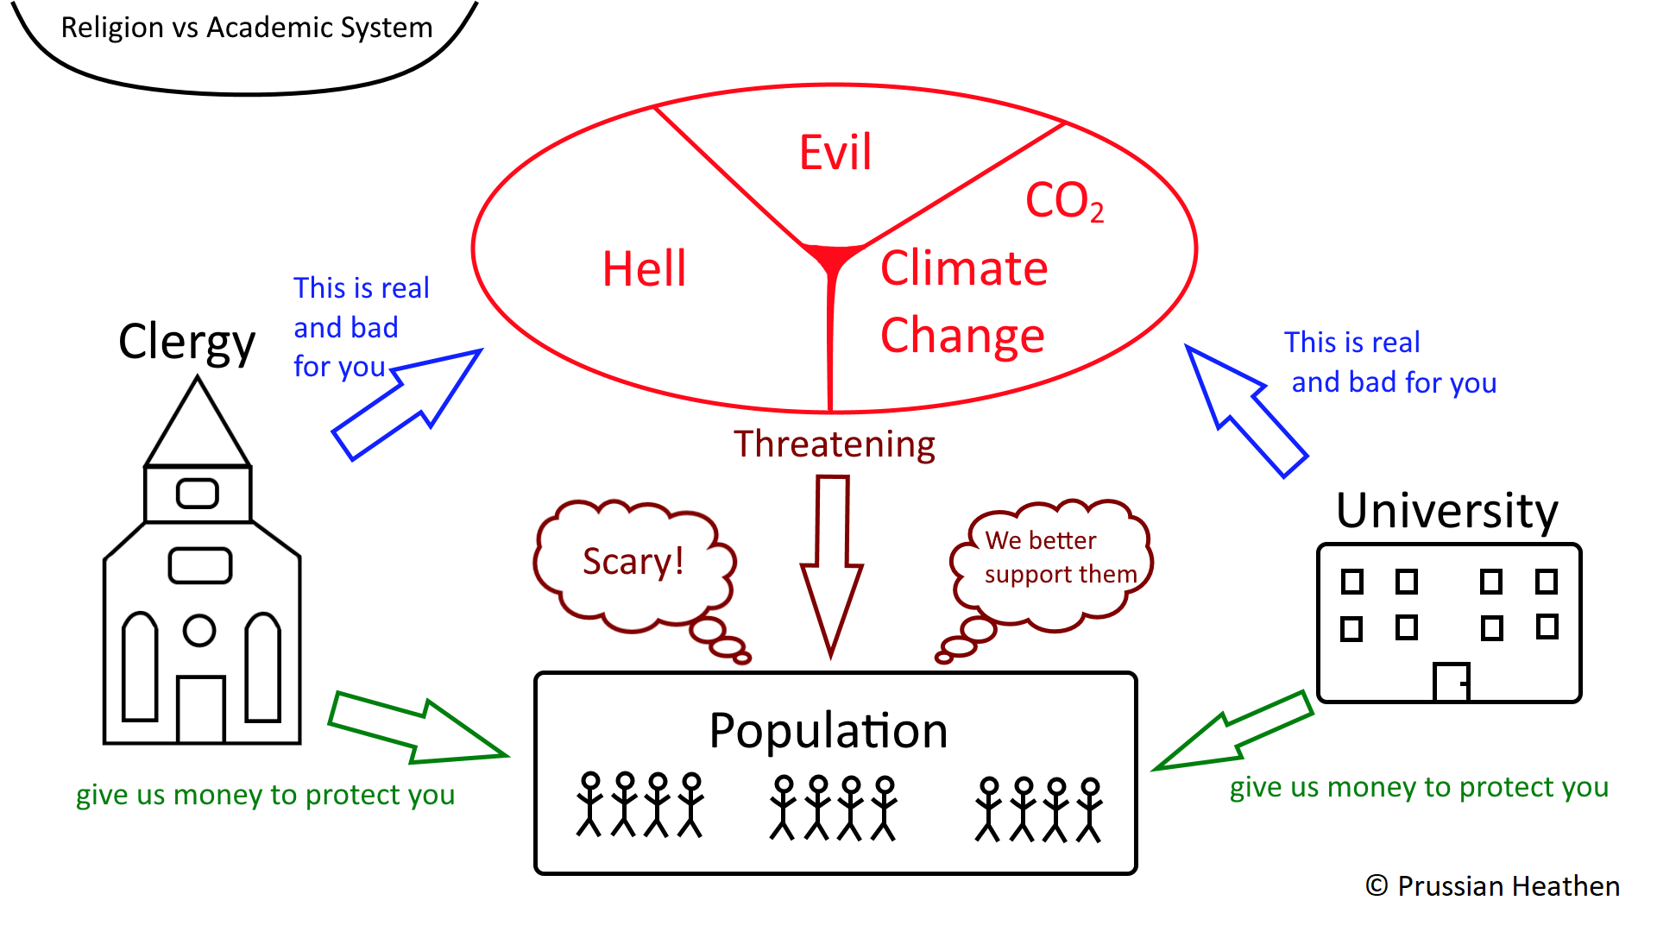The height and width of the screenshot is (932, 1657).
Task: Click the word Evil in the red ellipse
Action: coord(835,153)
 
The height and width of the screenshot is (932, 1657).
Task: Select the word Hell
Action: coord(645,268)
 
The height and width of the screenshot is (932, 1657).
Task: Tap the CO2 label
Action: coord(1064,201)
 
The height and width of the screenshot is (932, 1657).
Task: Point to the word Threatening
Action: coord(835,445)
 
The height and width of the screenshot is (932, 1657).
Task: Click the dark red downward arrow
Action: coord(832,565)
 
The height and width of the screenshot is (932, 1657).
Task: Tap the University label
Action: coord(1447,511)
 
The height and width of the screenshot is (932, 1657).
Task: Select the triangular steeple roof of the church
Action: coord(198,423)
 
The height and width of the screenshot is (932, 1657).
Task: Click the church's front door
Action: coord(201,709)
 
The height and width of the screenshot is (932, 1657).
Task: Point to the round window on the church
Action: coord(199,631)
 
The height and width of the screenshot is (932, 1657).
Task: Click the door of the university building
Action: coord(1452,682)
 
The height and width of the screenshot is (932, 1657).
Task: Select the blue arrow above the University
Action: coord(1245,410)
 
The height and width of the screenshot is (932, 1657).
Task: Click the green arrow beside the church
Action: coord(417,728)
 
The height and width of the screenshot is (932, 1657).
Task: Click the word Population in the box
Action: coord(828,732)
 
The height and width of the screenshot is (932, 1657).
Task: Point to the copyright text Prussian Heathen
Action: coord(1492,886)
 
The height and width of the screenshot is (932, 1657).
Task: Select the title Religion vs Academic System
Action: coord(247,28)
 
